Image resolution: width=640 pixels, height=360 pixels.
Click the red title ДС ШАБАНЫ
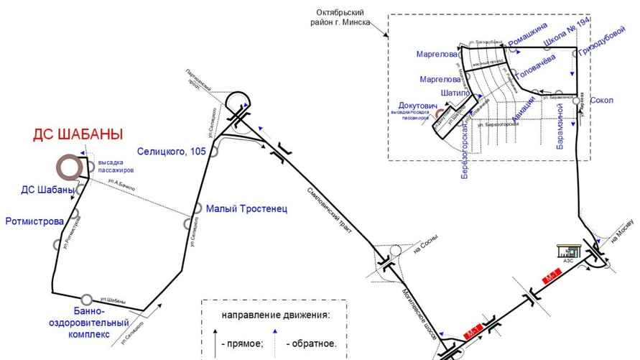click(x=78, y=134)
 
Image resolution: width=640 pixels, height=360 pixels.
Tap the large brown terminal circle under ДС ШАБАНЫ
click(x=70, y=168)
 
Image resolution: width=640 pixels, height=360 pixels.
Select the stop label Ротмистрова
click(x=34, y=220)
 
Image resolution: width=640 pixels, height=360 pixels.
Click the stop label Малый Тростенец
click(x=246, y=209)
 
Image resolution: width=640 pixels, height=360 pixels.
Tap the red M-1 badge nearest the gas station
click(x=552, y=276)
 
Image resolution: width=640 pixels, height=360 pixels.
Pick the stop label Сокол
click(x=601, y=101)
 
